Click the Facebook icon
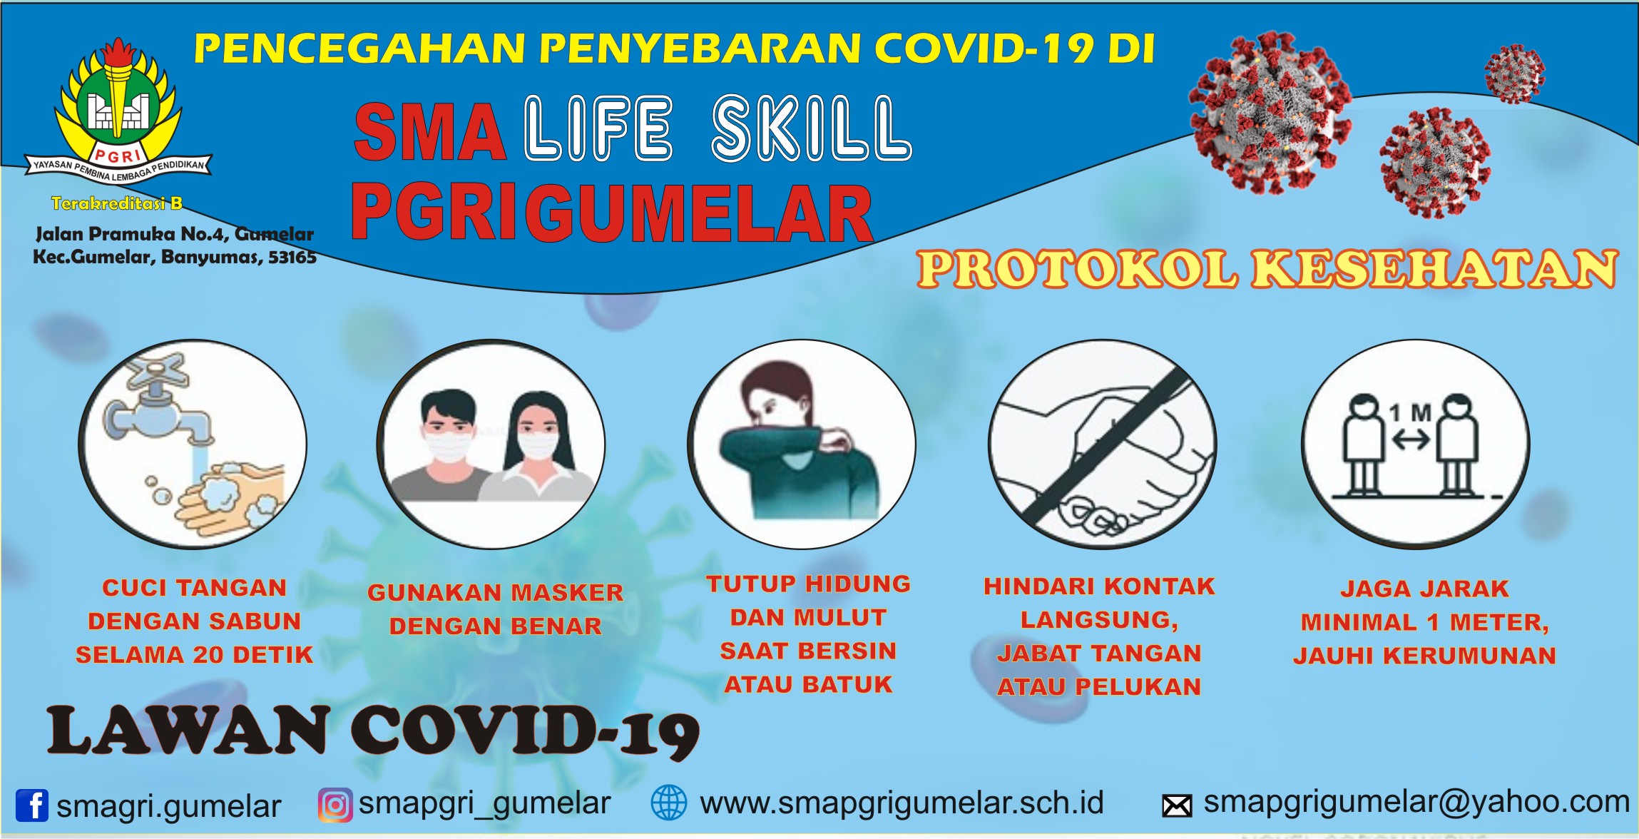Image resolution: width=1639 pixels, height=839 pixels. coord(32,805)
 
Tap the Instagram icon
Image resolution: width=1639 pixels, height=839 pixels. coord(335,805)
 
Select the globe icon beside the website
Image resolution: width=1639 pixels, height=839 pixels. coord(669,803)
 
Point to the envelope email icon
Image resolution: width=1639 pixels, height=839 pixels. coord(1177,806)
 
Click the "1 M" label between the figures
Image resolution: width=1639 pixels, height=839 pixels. coord(1409,413)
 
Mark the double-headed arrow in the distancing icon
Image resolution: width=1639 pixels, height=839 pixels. coord(1411,440)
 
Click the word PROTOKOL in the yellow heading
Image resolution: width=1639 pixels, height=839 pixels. coord(1077,270)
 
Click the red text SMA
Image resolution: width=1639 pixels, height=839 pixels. coord(430,132)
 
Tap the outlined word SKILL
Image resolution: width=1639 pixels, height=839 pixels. coord(812,128)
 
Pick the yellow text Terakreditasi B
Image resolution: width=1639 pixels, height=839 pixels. coord(117,203)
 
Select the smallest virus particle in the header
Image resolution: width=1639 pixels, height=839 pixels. coord(1514,73)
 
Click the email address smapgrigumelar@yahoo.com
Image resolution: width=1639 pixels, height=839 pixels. coord(1416,803)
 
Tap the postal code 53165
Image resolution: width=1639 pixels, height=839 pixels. coord(292,258)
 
